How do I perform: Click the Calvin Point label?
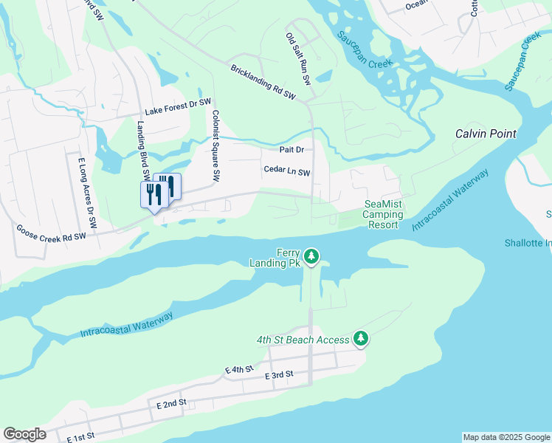pos(485,134)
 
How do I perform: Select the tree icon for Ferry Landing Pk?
pos(312,256)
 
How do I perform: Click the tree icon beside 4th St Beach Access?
pos(360,339)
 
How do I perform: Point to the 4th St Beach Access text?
pos(303,340)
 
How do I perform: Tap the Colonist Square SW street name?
pos(216,145)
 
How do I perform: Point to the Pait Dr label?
pos(291,150)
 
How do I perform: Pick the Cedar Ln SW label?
pos(287,171)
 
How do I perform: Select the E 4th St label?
pos(240,368)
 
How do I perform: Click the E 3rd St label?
pos(279,375)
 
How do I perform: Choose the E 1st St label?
pos(80,437)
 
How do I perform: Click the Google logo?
pos(24,434)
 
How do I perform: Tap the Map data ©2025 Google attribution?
pos(507,437)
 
